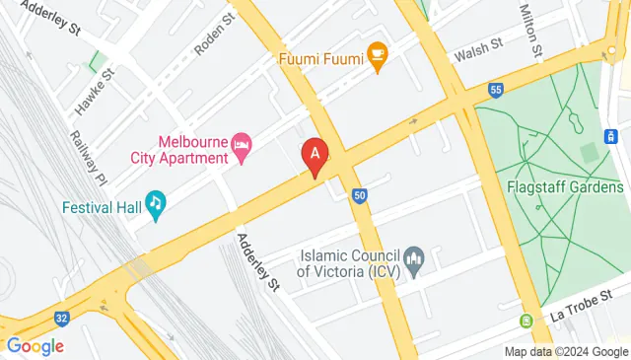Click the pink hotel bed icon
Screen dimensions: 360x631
(242, 148)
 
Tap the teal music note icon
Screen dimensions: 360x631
(155, 203)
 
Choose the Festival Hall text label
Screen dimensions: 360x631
(99, 208)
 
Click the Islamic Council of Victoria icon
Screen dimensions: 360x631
(415, 261)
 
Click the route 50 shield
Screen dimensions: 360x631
(361, 196)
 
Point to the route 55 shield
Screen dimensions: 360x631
(496, 91)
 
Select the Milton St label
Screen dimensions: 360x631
(529, 29)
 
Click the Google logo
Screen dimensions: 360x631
(35, 346)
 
